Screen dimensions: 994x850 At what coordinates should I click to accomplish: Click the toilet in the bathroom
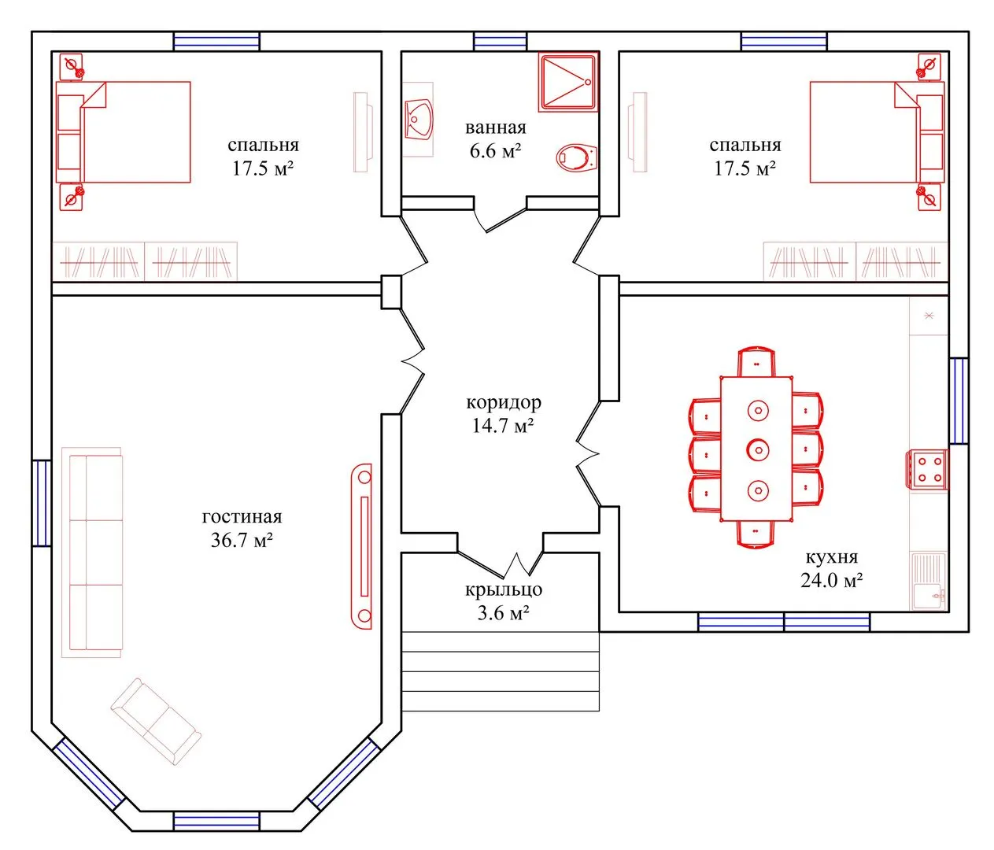pyautogui.click(x=576, y=157)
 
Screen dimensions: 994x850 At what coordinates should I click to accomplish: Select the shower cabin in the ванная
pyautogui.click(x=568, y=83)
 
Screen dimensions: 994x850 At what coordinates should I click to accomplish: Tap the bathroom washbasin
pyautogui.click(x=419, y=120)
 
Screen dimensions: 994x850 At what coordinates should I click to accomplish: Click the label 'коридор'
pyautogui.click(x=503, y=402)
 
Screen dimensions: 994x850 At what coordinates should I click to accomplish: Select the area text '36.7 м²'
pyautogui.click(x=242, y=540)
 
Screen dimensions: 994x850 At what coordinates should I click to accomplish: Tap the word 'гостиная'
pyautogui.click(x=242, y=516)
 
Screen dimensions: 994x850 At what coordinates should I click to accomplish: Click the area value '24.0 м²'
pyautogui.click(x=831, y=580)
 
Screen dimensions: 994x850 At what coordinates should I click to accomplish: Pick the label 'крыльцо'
pyautogui.click(x=504, y=589)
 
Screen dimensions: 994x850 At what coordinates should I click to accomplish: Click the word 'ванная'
pyautogui.click(x=495, y=128)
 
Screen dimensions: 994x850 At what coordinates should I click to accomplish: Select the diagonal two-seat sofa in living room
pyautogui.click(x=157, y=721)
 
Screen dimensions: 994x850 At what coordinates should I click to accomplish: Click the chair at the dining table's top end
pyautogui.click(x=756, y=362)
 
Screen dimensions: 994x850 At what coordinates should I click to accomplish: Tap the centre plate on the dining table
pyautogui.click(x=757, y=449)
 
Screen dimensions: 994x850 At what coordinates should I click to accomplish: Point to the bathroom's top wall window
pyautogui.click(x=500, y=42)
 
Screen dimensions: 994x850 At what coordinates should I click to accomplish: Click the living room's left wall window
pyautogui.click(x=42, y=503)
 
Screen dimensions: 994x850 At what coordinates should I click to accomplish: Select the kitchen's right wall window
pyautogui.click(x=959, y=401)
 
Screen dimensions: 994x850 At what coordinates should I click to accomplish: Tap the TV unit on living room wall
pyautogui.click(x=361, y=546)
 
